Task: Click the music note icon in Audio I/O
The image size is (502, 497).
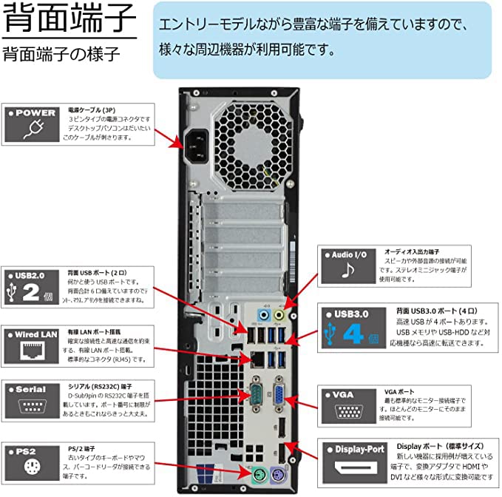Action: (347, 271)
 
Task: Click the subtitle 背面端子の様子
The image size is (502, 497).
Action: (61, 54)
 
